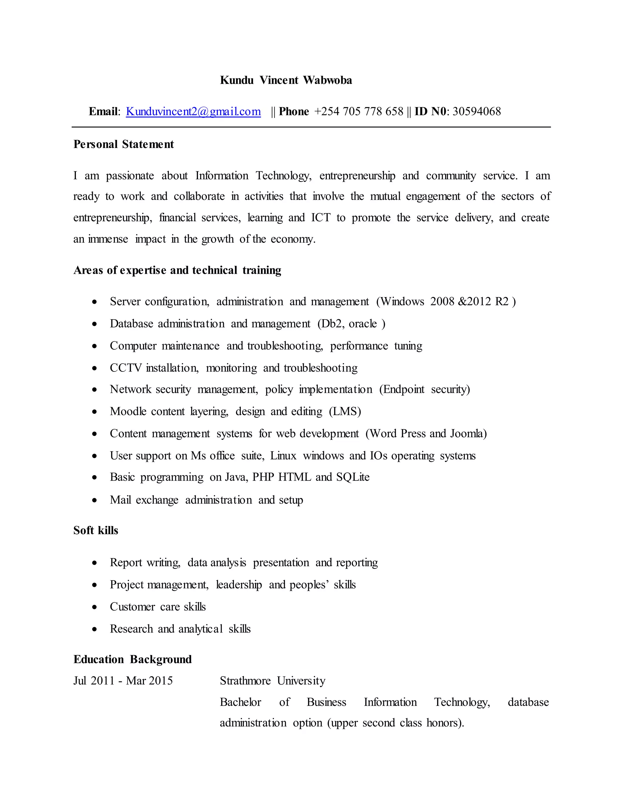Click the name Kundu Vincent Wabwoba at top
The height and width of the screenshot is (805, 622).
coord(285,80)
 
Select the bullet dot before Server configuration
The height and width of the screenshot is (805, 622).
coord(95,302)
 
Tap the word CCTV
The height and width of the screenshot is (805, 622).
coord(125,368)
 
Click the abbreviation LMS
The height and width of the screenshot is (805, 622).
coord(345,412)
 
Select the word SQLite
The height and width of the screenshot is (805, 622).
coord(353,477)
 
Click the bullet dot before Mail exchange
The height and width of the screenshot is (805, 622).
coord(95,501)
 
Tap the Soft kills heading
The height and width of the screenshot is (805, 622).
coord(96,531)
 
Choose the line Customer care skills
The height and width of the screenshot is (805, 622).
coord(158,607)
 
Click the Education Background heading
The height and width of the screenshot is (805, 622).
coord(133,659)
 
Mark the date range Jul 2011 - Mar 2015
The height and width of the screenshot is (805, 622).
coord(123,681)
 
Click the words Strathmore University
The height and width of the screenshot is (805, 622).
coord(273,681)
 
